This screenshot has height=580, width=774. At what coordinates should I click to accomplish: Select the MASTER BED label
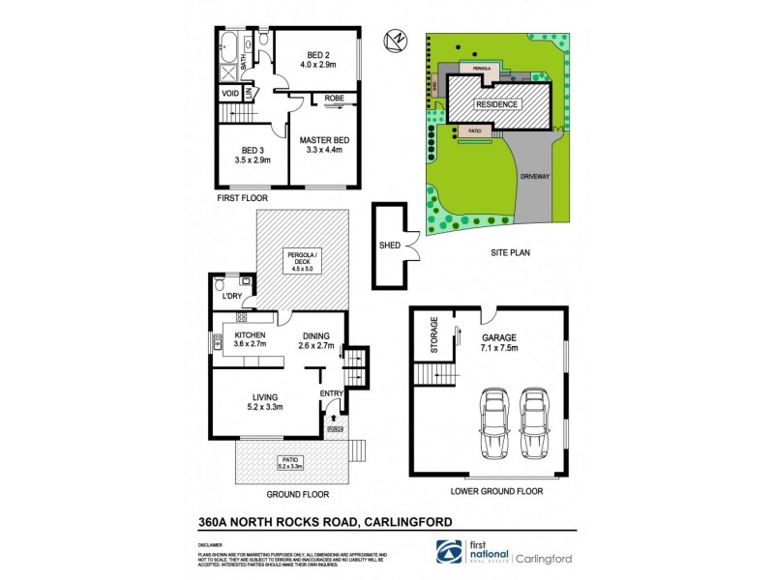click(323, 140)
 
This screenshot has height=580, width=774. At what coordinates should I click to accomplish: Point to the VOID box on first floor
click(231, 93)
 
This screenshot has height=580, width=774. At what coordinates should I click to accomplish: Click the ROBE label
click(335, 99)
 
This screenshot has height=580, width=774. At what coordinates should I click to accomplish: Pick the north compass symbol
click(396, 41)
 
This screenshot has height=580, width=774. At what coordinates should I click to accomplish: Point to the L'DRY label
click(231, 296)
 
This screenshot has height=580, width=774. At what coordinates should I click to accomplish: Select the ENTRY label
click(331, 392)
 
